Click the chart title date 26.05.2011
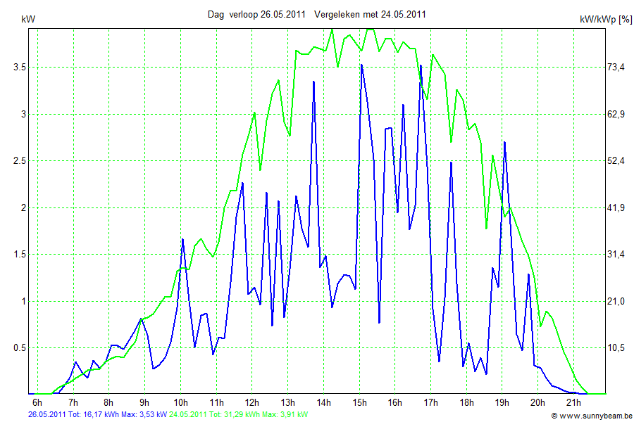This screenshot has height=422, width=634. coord(282,14)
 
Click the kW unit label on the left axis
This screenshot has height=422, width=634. coord(28,20)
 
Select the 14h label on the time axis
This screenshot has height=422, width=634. coord(324,403)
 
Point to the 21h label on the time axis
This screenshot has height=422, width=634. coord(574,403)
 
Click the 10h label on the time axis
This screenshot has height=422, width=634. coord(181,403)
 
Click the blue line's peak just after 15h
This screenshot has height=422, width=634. coord(361,65)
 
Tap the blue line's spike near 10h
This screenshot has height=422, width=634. coord(182,239)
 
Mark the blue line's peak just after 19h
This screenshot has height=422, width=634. coord(504,142)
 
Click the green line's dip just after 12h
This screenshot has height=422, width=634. coord(261,170)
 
